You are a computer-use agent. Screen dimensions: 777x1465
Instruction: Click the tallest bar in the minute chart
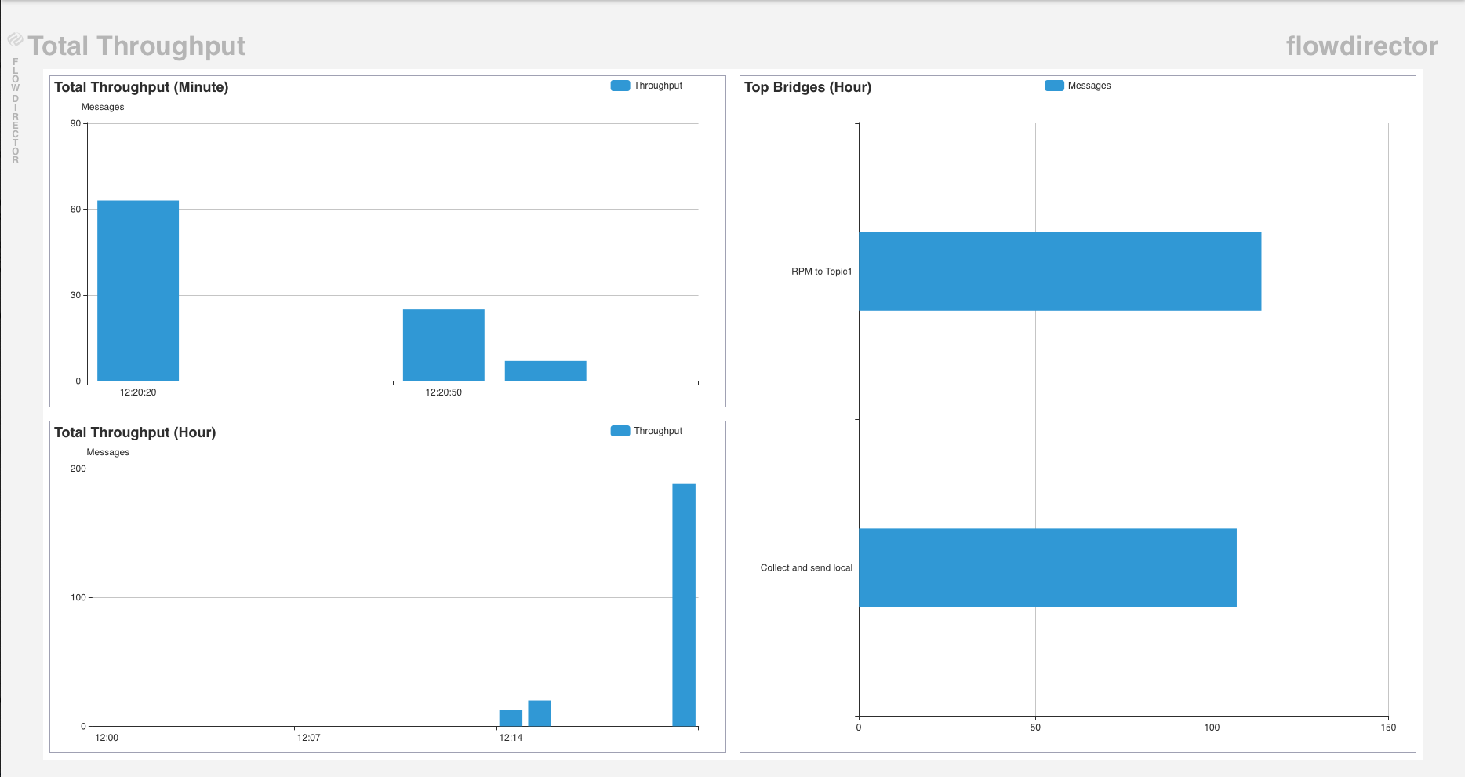click(x=138, y=290)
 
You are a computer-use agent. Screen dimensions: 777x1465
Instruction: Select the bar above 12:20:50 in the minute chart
click(x=444, y=345)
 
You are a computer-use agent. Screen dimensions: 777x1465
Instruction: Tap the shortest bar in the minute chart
click(x=546, y=371)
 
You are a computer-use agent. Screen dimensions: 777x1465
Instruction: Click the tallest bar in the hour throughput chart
click(x=684, y=604)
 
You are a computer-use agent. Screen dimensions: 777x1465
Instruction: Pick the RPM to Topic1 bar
click(x=1060, y=272)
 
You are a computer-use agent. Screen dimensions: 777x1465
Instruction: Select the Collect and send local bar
click(x=1047, y=567)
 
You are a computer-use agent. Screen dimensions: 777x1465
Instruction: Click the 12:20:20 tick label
click(x=138, y=392)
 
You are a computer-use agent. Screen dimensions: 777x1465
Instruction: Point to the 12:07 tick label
click(x=308, y=738)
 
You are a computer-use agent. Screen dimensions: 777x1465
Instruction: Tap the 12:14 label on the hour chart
click(x=511, y=738)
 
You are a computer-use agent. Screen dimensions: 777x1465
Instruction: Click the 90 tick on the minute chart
click(x=75, y=123)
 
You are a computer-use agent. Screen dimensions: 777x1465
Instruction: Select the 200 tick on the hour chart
click(x=78, y=469)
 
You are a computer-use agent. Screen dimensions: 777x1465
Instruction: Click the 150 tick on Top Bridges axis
click(x=1388, y=728)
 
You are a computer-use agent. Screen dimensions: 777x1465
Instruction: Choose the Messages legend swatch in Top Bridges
click(x=1054, y=86)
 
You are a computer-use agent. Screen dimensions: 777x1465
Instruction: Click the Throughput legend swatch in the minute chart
click(x=620, y=86)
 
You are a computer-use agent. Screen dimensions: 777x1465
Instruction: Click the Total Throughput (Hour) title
click(x=135, y=432)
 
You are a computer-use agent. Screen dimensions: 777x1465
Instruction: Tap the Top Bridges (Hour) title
click(x=808, y=87)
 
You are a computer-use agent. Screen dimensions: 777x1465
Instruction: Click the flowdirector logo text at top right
click(x=1361, y=46)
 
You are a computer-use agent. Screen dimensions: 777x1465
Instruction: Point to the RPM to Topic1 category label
click(x=821, y=272)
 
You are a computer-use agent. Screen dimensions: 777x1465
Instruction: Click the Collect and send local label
click(x=806, y=567)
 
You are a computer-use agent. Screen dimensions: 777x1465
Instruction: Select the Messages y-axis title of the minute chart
click(x=103, y=107)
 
